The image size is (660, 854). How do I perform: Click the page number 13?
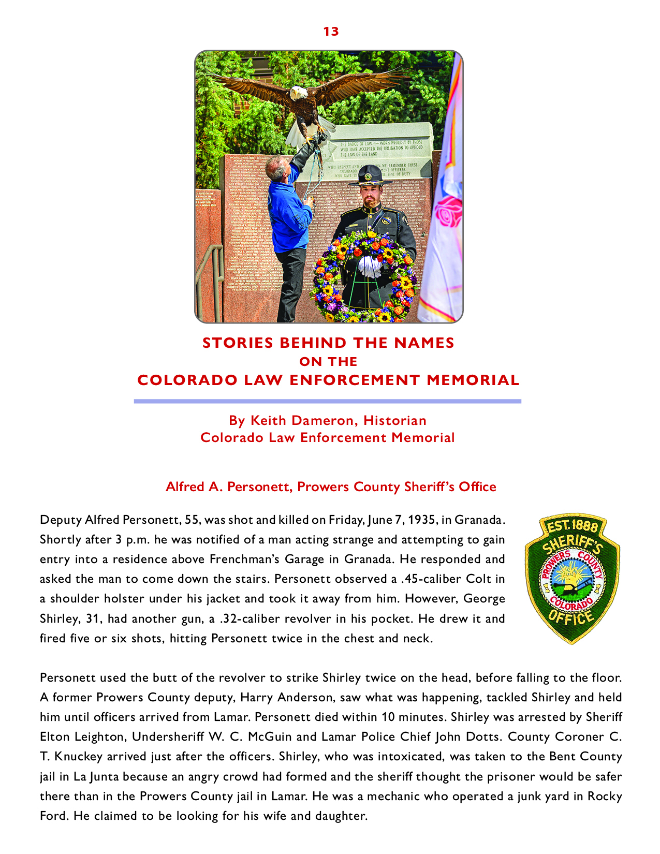(x=331, y=32)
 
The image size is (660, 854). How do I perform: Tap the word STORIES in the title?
(x=237, y=343)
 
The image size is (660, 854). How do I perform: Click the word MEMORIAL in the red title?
(x=473, y=380)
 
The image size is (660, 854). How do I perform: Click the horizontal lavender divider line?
(x=327, y=401)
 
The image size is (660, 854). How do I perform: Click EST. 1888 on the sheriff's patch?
(x=573, y=527)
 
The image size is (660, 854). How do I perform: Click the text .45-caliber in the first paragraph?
(x=434, y=579)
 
